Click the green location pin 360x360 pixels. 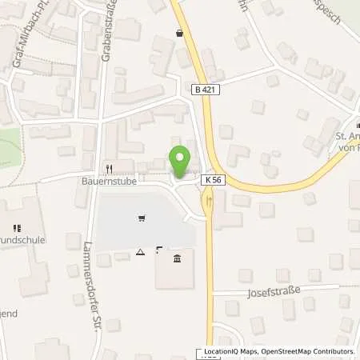point(180,162)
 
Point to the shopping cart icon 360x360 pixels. point(142,216)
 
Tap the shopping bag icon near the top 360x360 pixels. point(178,33)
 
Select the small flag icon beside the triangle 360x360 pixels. point(158,250)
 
